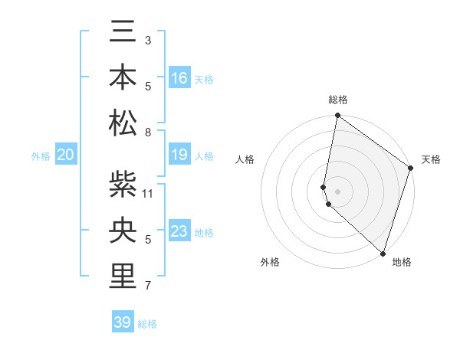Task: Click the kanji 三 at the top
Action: (123, 32)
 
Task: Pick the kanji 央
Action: (123, 230)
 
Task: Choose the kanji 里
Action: (123, 277)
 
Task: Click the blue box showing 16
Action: (179, 77)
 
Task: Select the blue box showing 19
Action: (179, 155)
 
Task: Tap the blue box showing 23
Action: (179, 231)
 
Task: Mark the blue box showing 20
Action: (66, 155)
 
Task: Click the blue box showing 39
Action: (123, 322)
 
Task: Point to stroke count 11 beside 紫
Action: (148, 193)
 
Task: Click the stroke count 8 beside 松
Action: (148, 133)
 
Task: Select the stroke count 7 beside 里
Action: (148, 286)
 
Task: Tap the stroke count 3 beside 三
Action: (148, 40)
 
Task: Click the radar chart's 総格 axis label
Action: (338, 100)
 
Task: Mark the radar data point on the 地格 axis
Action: (383, 253)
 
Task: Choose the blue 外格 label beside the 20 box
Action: (41, 156)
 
